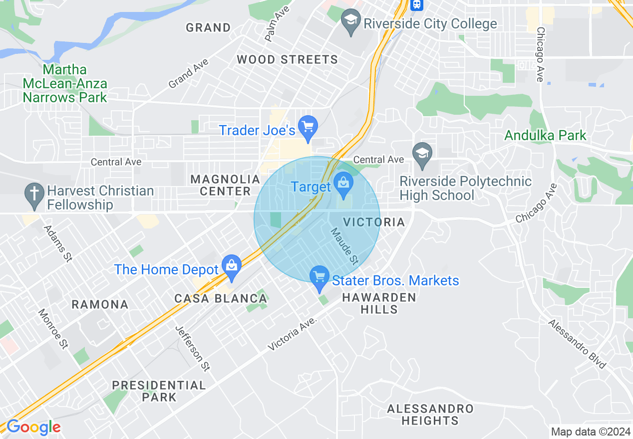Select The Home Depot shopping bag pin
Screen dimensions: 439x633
click(232, 266)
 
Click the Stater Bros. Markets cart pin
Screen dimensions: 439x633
click(319, 277)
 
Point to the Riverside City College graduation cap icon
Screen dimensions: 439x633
click(351, 21)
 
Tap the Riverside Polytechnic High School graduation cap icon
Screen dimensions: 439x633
click(422, 153)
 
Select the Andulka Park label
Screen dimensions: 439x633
click(545, 135)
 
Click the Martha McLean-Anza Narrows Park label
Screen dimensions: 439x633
click(65, 83)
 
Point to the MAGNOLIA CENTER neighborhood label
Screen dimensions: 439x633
click(226, 185)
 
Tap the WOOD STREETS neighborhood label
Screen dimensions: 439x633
click(287, 60)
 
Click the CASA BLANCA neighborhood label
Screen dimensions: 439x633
click(221, 299)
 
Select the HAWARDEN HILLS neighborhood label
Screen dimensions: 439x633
click(379, 303)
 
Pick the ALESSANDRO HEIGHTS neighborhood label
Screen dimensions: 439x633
click(430, 415)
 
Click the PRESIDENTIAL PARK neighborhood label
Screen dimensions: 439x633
click(159, 391)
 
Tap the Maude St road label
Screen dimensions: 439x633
click(344, 246)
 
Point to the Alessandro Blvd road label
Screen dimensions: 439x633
click(577, 344)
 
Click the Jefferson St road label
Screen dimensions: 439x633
click(192, 348)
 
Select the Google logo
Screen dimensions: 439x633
click(33, 428)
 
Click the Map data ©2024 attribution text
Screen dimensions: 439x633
click(590, 432)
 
